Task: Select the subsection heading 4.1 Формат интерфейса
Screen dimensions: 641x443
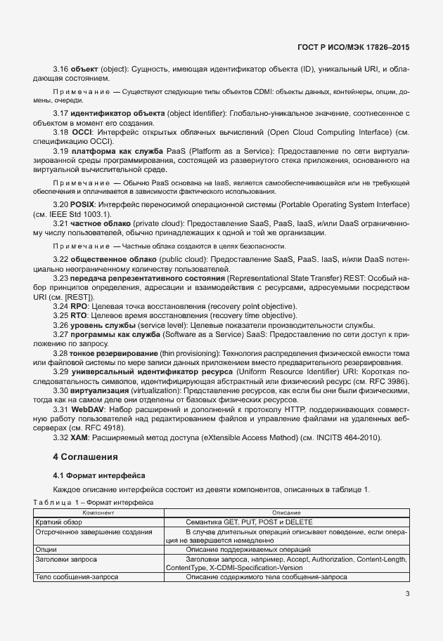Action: click(x=99, y=475)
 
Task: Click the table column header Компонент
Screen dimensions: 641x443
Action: click(x=98, y=514)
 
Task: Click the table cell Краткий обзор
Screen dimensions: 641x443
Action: click(x=59, y=523)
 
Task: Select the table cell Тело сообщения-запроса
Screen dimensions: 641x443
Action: click(x=76, y=576)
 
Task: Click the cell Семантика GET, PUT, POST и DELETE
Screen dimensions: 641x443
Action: click(x=249, y=523)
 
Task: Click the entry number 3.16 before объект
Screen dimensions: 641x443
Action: click(x=61, y=70)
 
